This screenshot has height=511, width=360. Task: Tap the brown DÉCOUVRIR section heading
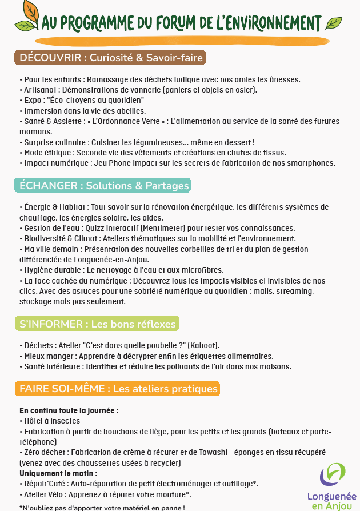coord(109,58)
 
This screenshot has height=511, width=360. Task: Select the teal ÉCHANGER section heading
coord(102,186)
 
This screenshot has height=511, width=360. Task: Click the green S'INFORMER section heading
coord(97,324)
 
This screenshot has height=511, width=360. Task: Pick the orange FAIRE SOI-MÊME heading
coord(117,389)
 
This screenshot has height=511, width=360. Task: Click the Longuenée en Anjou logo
coord(332,485)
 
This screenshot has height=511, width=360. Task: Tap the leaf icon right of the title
coord(333,23)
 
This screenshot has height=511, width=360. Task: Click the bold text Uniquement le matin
coord(58,473)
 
